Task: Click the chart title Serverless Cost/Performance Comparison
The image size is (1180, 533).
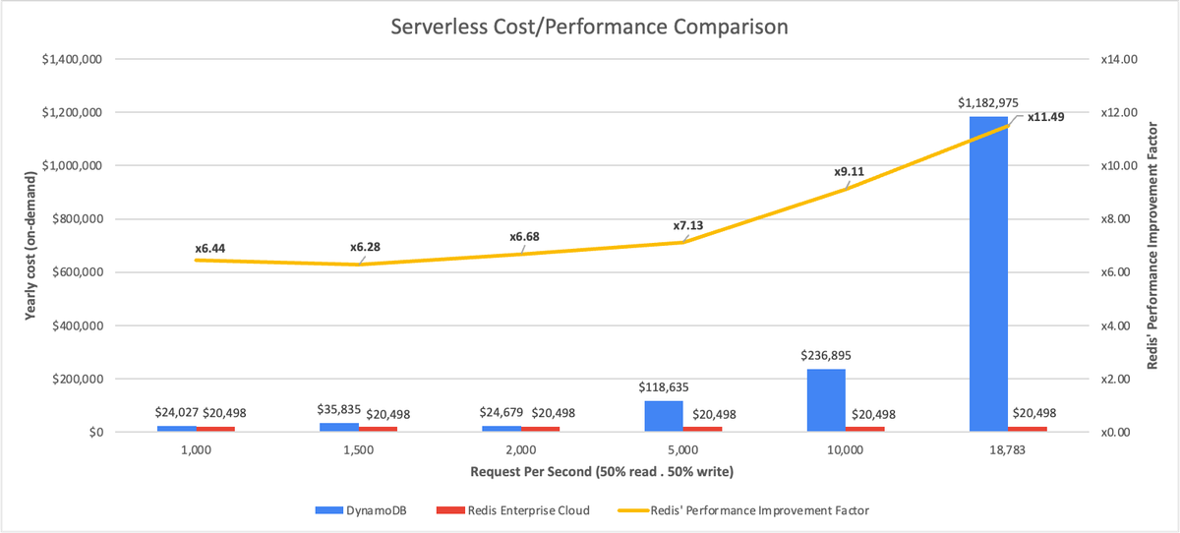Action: (x=589, y=27)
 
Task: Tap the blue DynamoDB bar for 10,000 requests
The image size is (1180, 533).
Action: (x=826, y=400)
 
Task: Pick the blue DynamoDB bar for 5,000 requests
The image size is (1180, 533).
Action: (x=664, y=416)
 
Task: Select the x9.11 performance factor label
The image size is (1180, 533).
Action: (x=850, y=171)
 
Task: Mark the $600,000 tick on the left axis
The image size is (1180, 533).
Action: (x=74, y=272)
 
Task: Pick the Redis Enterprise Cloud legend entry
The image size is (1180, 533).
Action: (x=519, y=510)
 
